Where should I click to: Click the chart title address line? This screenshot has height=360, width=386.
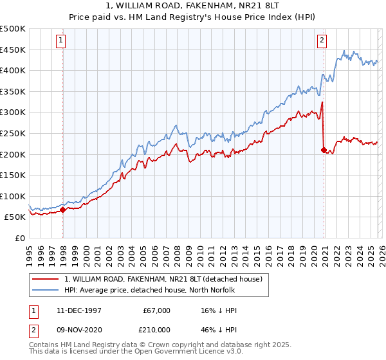coord(192,6)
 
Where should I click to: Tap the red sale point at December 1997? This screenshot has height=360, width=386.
coord(62,210)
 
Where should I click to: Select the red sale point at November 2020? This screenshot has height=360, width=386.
coord(324,150)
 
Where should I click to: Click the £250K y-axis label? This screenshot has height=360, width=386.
coord(13,134)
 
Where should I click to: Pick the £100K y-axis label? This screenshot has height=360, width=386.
coord(13,196)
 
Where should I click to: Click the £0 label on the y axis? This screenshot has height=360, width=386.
coord(19,238)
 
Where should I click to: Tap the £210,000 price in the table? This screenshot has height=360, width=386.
coord(157,331)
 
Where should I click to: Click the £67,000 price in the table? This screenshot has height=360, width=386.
coord(157,310)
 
